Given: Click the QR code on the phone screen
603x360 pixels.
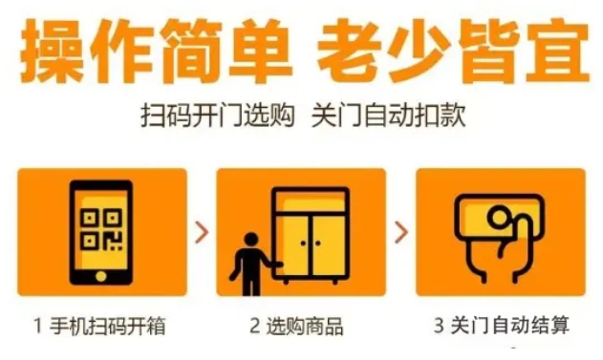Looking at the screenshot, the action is click(101, 230).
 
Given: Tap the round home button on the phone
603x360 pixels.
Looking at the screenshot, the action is click(101, 276).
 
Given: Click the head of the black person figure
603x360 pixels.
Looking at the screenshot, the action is click(251, 240).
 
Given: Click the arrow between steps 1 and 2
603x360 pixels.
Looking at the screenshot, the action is click(202, 232).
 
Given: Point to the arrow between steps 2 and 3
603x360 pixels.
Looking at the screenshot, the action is click(401, 232).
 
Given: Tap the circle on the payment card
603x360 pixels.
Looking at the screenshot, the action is click(499, 218).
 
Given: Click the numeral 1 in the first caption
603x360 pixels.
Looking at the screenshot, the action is click(37, 326).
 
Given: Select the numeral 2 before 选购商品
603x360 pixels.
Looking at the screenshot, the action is click(254, 326).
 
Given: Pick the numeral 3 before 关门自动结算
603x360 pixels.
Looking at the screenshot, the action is click(440, 325).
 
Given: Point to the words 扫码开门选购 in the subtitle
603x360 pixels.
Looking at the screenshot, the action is click(218, 115).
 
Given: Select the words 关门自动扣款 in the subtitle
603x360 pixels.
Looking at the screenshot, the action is click(389, 115).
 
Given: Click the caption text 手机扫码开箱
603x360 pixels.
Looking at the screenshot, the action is click(108, 326).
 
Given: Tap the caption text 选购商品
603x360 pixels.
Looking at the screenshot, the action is click(305, 326).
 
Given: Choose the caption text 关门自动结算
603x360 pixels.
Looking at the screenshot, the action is click(510, 325).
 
